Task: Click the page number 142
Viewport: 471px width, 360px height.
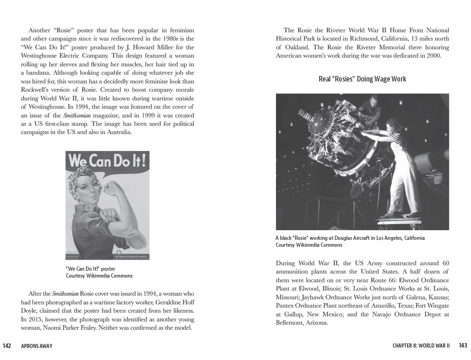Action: click(x=7, y=346)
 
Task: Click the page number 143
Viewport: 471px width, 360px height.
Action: click(x=463, y=345)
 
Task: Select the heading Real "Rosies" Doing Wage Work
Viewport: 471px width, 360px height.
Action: click(x=362, y=79)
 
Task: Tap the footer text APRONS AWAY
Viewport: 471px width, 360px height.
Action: click(x=37, y=346)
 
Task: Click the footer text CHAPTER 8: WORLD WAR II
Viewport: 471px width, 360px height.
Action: click(x=421, y=346)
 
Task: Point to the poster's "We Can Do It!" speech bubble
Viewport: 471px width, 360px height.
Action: click(x=107, y=161)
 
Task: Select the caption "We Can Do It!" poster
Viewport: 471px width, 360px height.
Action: click(x=90, y=269)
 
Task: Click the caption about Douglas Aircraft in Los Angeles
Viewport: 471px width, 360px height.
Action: click(x=350, y=238)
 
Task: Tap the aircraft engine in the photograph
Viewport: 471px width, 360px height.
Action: click(x=336, y=138)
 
